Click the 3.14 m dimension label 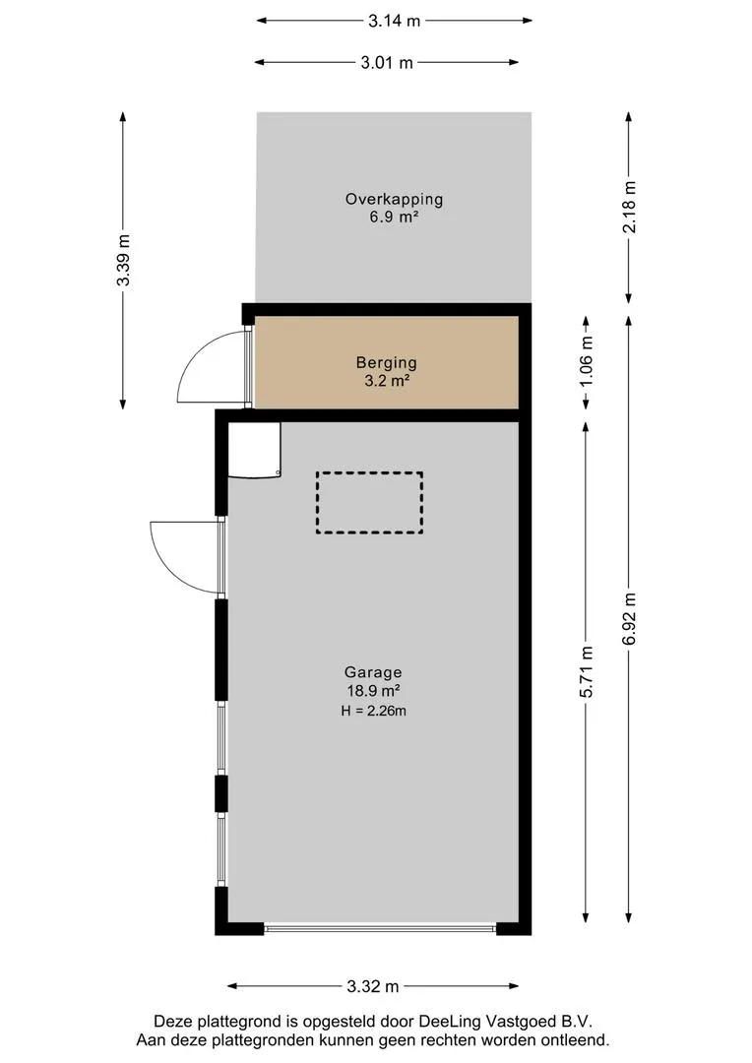point(394,21)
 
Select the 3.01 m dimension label point(387,63)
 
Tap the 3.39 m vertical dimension point(123,260)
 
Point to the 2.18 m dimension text point(630,207)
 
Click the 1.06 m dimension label point(587,361)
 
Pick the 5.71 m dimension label point(587,671)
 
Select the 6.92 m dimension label point(630,619)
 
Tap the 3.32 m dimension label point(373,986)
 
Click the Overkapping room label point(394,199)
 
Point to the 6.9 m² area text point(394,218)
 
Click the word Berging point(387,362)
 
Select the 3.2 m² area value point(387,381)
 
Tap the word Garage point(373,672)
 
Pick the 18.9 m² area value point(373,692)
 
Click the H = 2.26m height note point(374,712)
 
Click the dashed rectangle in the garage point(369,473)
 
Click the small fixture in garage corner point(254,450)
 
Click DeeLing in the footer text point(450,1022)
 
